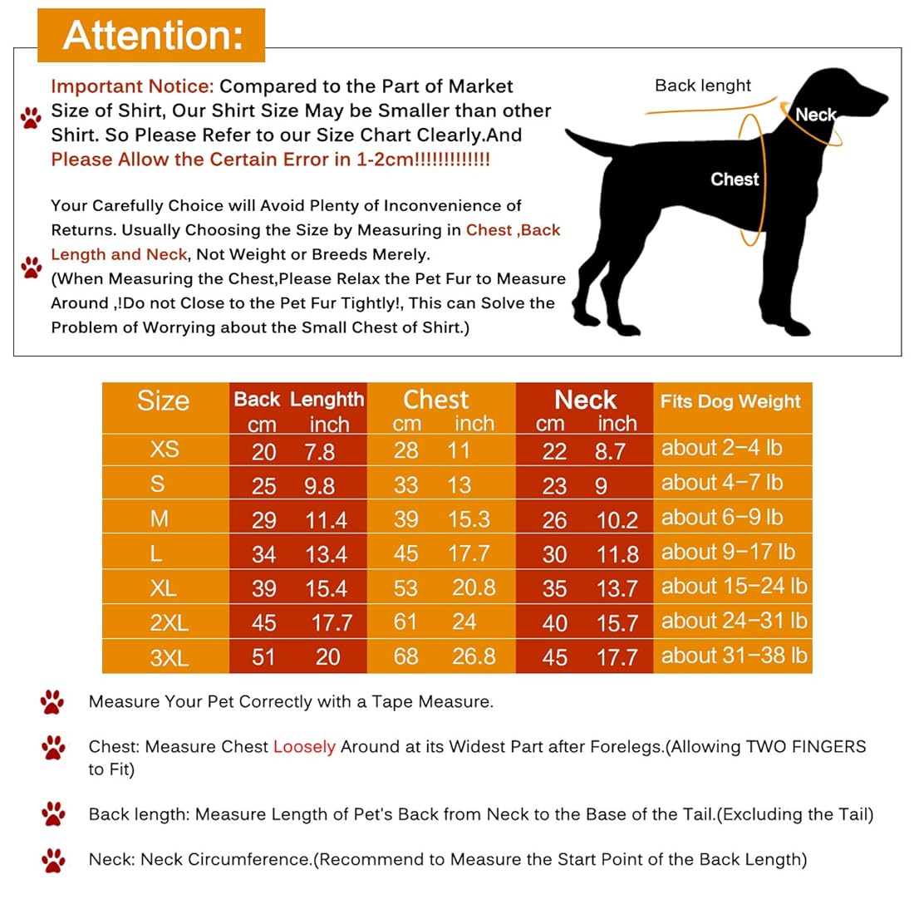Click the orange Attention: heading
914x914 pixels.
[152, 36]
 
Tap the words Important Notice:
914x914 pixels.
[132, 86]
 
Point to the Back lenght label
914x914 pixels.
[702, 86]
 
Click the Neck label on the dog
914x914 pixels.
[815, 115]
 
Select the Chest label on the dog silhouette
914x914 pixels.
[735, 179]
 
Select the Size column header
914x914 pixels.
[163, 400]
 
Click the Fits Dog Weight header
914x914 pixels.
[730, 401]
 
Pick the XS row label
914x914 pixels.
[164, 449]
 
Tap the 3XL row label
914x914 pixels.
[169, 658]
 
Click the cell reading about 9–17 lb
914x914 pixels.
[728, 552]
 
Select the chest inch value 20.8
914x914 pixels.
[474, 587]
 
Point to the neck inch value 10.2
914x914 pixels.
[617, 520]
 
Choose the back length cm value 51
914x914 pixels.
[263, 657]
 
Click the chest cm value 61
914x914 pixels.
[405, 622]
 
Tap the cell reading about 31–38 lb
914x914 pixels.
[734, 656]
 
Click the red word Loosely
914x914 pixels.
[304, 746]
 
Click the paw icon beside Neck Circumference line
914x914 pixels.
[53, 860]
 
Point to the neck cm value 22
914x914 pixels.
[554, 451]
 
